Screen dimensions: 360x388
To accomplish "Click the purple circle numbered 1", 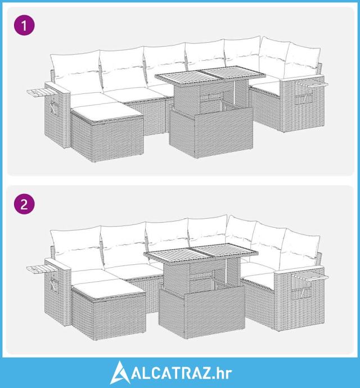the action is pos(24,25).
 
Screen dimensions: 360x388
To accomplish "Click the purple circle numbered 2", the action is pos(24,204).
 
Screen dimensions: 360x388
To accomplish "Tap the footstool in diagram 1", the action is pos(107,132).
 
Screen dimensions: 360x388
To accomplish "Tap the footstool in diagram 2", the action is pos(109,309).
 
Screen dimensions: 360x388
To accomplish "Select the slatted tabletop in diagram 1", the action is pos(210,74).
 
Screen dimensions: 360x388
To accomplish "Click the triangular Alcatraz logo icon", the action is pos(120,373).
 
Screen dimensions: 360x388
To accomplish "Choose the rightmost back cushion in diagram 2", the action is pos(300,249).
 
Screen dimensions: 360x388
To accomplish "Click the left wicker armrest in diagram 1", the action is pos(57,115).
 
